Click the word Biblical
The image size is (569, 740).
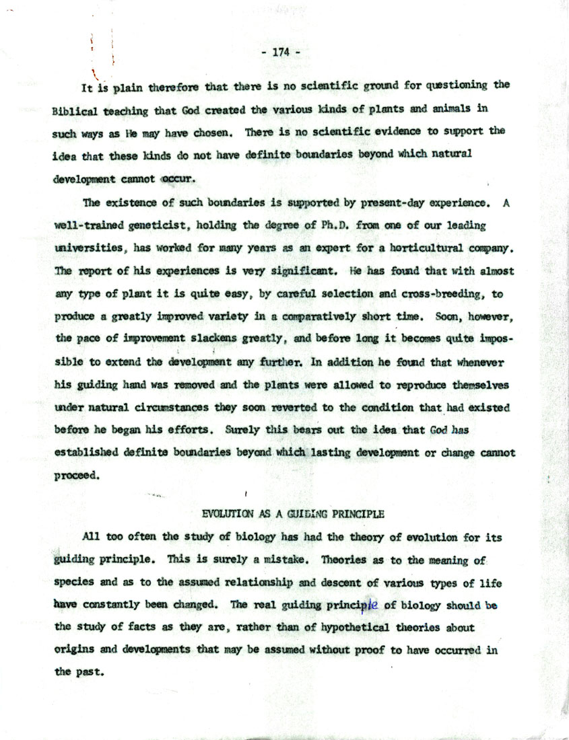pos(73,112)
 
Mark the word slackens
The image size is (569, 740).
pos(221,338)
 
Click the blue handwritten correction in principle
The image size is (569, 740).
pos(372,605)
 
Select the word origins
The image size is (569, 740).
pos(73,651)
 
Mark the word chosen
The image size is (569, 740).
pos(213,132)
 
